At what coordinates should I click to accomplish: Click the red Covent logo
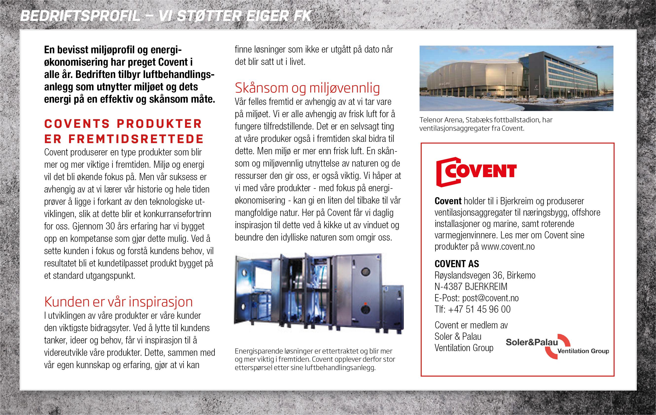point(476,172)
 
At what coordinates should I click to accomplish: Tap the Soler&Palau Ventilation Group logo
point(557,346)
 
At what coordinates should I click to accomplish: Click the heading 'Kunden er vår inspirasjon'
point(118,302)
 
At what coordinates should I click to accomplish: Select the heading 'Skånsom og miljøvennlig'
point(307,88)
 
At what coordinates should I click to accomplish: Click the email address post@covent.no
point(490,298)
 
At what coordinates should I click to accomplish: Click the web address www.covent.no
point(508,246)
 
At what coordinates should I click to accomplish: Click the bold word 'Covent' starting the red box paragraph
point(448,201)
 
